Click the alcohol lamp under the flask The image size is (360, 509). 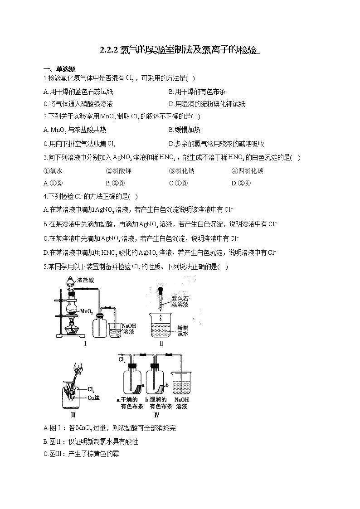(x=72, y=325)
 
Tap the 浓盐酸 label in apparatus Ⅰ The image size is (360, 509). (x=85, y=280)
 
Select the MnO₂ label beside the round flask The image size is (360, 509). (x=86, y=312)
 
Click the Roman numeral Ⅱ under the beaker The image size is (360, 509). (x=161, y=343)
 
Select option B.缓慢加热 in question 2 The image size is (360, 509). (x=184, y=130)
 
